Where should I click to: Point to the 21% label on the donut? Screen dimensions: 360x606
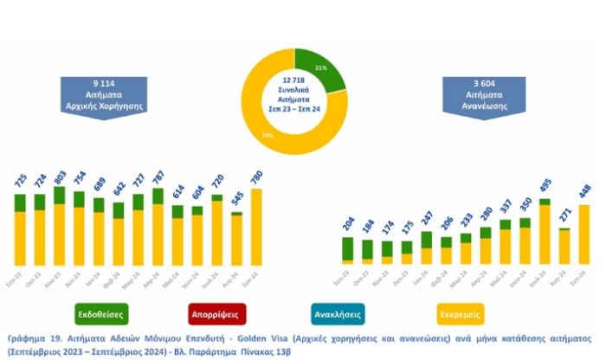point(320,67)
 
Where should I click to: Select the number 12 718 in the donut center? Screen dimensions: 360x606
point(294,80)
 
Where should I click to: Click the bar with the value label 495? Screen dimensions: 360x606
point(545,231)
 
